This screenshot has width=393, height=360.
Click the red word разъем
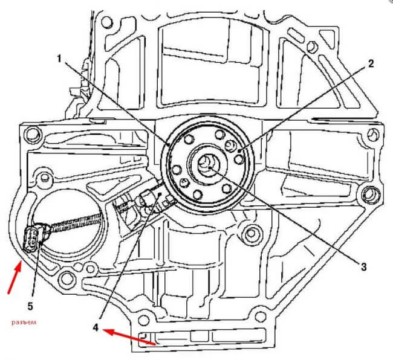[24, 323]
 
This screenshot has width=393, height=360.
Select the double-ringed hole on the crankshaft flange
[230, 145]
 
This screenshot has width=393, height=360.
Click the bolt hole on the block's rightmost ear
[368, 194]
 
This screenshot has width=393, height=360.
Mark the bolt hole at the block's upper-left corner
[107, 24]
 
